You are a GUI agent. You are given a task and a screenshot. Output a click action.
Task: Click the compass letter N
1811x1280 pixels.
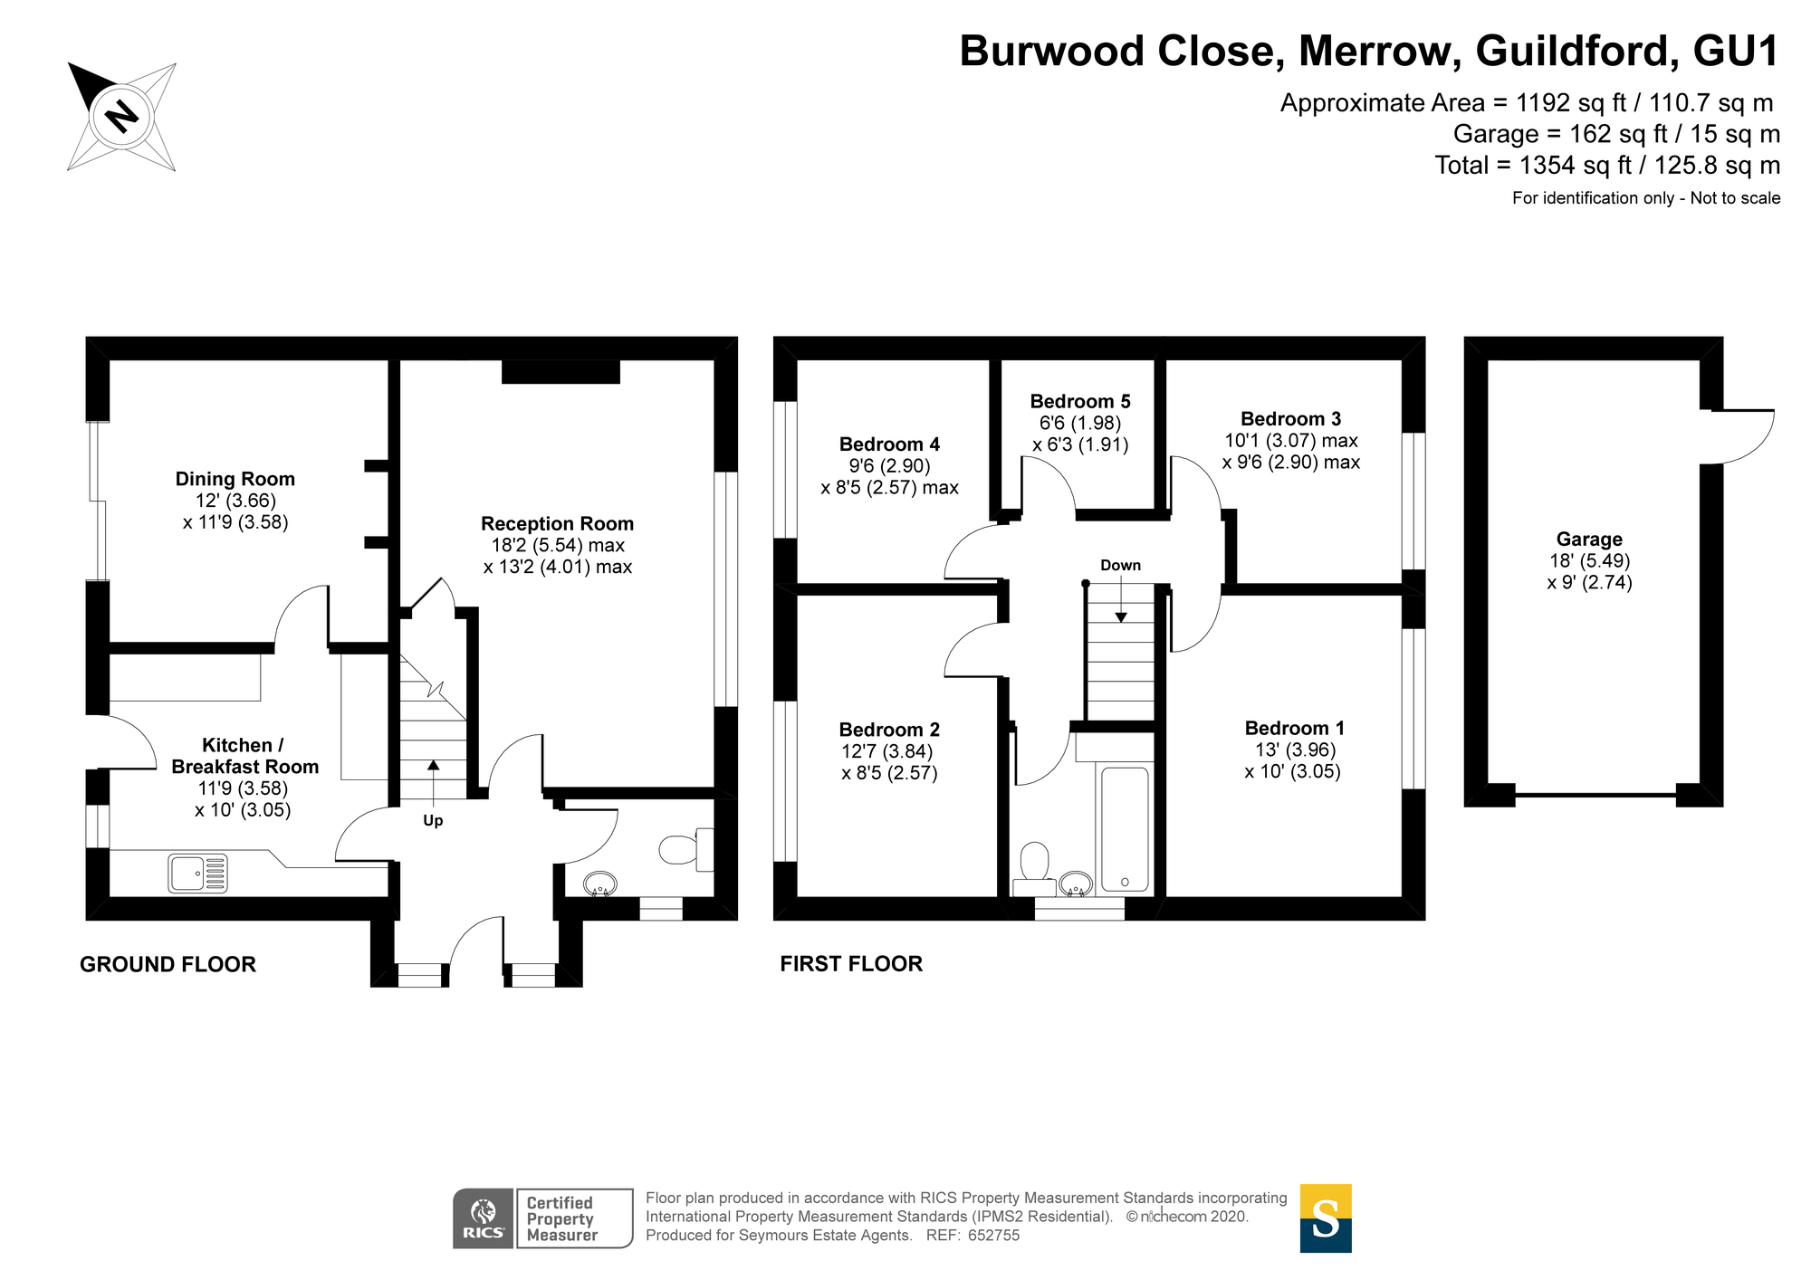[120, 116]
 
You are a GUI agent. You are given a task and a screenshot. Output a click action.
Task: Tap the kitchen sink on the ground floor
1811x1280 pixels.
[197, 874]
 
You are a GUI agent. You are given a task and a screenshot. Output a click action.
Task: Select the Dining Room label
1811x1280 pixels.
[235, 479]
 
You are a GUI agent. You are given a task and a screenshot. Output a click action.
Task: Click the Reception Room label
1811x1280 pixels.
[557, 523]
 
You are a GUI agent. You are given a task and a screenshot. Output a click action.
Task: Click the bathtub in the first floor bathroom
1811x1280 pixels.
[1125, 828]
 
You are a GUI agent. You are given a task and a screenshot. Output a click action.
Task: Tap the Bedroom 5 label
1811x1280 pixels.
[1080, 401]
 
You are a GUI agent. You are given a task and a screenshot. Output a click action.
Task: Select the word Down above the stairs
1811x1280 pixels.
[1120, 565]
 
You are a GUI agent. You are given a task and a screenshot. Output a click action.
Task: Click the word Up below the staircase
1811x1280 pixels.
[433, 820]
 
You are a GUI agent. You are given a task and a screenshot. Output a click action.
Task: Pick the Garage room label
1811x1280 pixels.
[1589, 540]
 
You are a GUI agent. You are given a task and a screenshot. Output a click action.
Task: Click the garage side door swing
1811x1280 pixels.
[1748, 436]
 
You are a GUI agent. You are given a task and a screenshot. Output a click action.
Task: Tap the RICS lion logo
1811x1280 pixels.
[484, 1213]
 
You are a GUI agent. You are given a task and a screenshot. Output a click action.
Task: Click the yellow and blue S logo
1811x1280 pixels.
[1325, 1218]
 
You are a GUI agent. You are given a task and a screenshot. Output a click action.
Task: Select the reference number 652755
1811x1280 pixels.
[993, 1236]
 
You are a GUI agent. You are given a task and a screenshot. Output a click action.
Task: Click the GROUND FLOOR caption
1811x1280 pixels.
[168, 964]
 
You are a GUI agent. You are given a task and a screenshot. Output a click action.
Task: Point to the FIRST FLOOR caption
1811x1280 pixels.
[851, 964]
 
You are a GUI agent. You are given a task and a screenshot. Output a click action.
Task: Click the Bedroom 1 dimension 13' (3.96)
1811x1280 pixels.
[1295, 750]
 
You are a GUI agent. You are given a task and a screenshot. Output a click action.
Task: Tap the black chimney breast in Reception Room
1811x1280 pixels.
[561, 371]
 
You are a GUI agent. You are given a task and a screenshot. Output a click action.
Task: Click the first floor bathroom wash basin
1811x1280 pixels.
[1076, 883]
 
